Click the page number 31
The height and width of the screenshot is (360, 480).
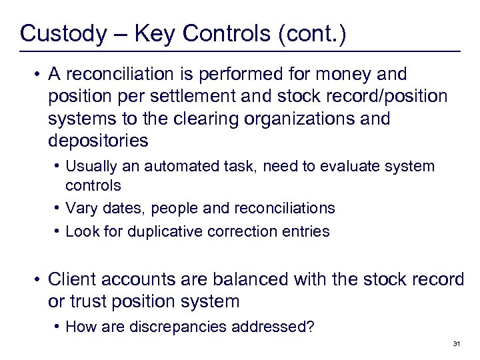click(457, 343)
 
